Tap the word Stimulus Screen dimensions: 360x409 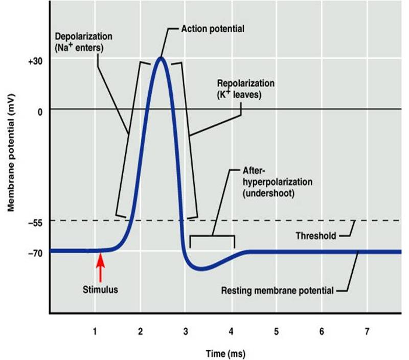pyautogui.click(x=100, y=289)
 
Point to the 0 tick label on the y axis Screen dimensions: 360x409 pyautogui.click(x=39, y=110)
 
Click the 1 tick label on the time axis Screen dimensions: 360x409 pyautogui.click(x=95, y=331)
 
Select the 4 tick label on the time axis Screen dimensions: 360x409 pyautogui.click(x=231, y=331)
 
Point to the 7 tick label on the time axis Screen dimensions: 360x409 pyautogui.click(x=367, y=331)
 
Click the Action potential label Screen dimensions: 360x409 pyautogui.click(x=213, y=29)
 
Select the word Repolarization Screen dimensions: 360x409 pyautogui.click(x=246, y=83)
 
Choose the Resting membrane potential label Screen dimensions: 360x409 pyautogui.click(x=277, y=290)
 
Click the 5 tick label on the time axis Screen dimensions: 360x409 pyautogui.click(x=276, y=331)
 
